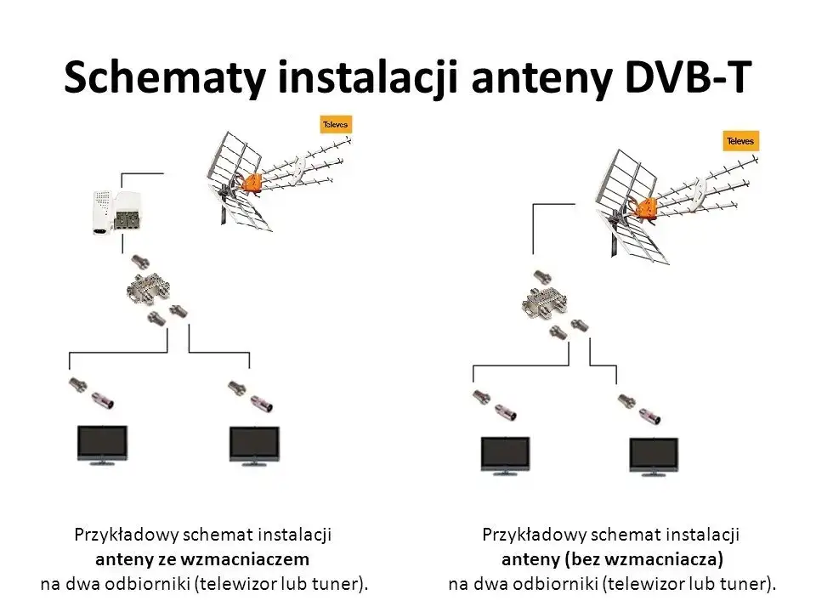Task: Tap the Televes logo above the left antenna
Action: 334,125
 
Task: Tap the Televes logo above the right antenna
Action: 739,140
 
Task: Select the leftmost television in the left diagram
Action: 98,445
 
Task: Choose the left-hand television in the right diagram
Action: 507,456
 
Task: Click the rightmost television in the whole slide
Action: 654,456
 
